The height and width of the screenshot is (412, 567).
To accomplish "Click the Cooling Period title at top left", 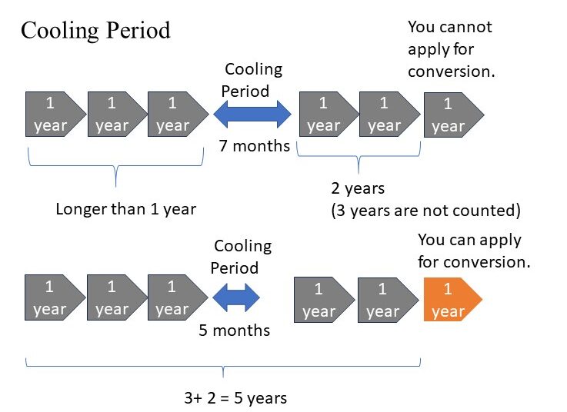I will (x=95, y=31).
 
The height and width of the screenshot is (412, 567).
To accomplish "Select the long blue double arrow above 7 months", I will (x=252, y=115).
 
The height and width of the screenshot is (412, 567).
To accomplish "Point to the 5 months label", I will (x=235, y=330).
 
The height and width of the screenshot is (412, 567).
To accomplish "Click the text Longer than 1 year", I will (x=126, y=208).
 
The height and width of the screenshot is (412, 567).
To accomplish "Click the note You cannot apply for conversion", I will (x=451, y=49).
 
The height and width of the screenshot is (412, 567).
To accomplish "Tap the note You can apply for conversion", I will (x=474, y=251).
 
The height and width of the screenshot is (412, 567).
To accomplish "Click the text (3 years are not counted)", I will (x=426, y=210).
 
